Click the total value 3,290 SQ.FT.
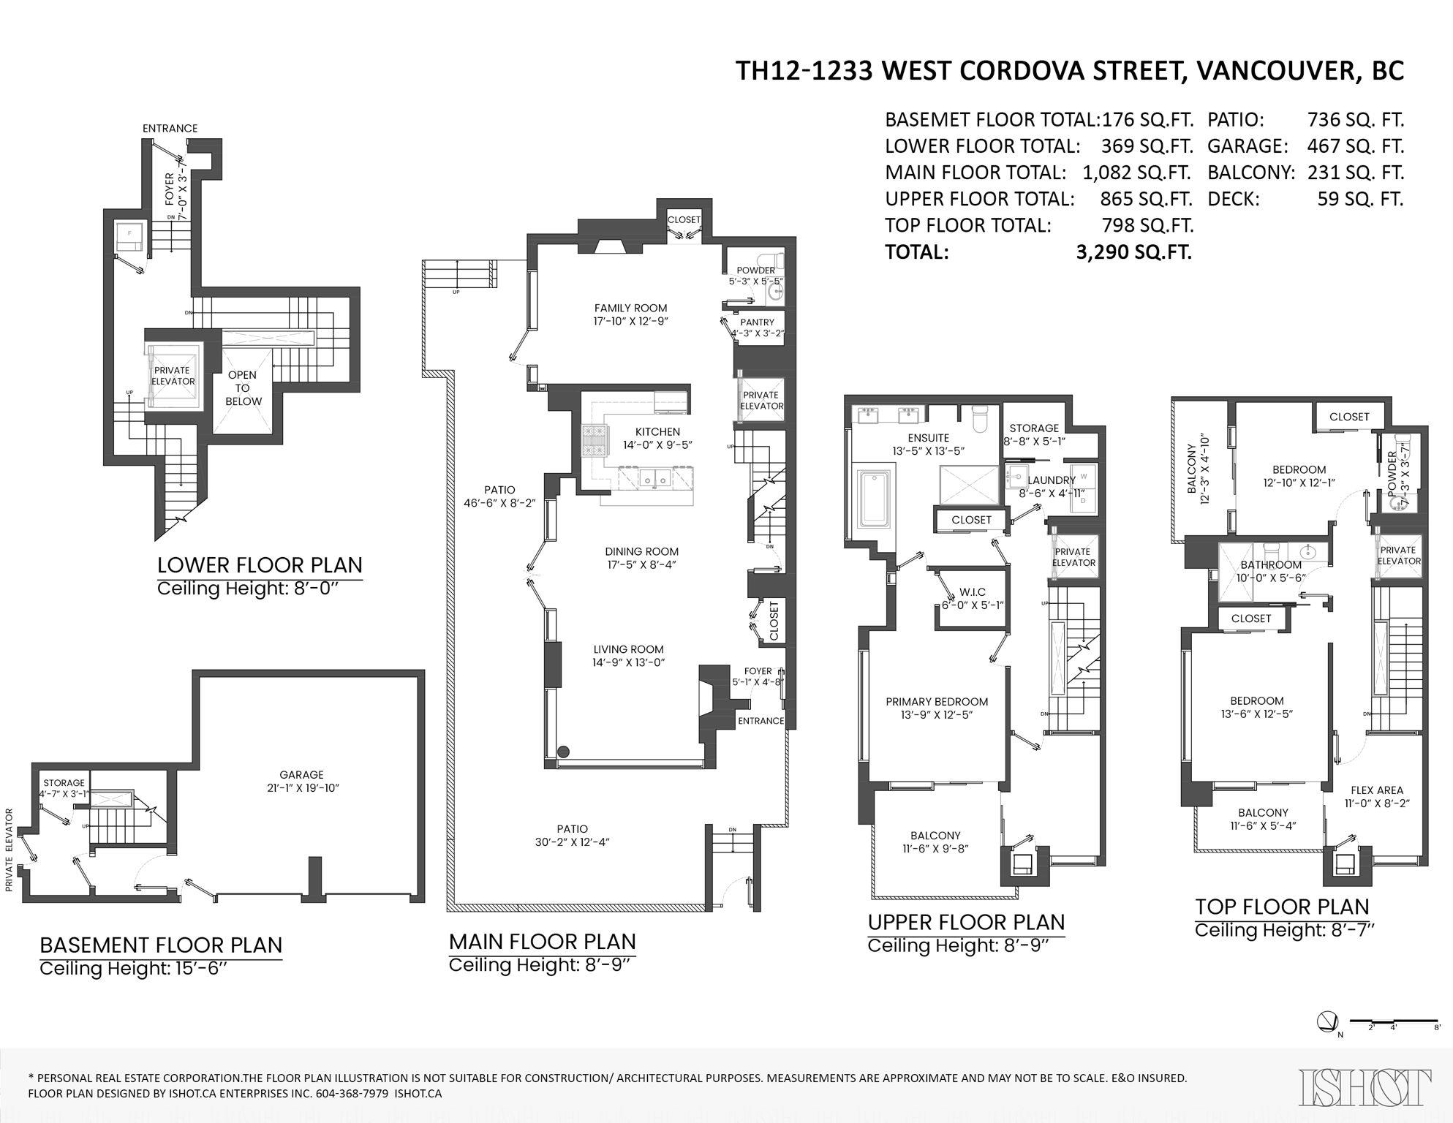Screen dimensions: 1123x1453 (x=1134, y=252)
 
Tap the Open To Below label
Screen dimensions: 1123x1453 (x=243, y=388)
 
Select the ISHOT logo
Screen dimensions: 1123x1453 (x=1365, y=1087)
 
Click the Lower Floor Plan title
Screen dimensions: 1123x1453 (x=260, y=565)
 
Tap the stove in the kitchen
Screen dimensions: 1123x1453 (x=591, y=441)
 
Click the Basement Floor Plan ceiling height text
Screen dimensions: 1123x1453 (x=125, y=969)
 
